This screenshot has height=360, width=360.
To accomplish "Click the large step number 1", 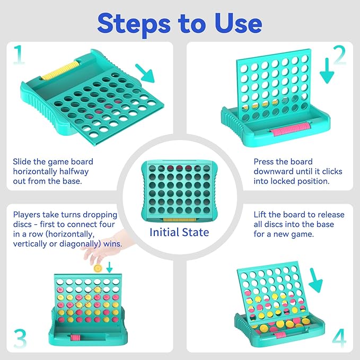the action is pos(19,55).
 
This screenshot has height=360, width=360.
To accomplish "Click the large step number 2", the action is pos(339,55).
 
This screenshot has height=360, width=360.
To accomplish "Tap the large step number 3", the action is pos(20,338).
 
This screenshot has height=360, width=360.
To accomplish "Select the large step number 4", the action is pos(339,338).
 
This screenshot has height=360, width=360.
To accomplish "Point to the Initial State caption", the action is pos(179,232).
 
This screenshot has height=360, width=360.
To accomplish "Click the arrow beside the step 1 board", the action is pos(145,73).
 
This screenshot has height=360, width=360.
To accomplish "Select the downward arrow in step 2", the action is pos(327,71).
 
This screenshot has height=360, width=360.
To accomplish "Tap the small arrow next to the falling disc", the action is pos(110,267).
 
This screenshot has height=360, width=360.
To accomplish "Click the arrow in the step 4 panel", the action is pos(315,280).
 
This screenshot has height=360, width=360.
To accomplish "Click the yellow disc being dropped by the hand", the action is pos(98,268).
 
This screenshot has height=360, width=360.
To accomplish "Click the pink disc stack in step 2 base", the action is pos(290,129).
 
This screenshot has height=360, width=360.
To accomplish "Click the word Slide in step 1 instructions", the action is pos(22,162).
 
